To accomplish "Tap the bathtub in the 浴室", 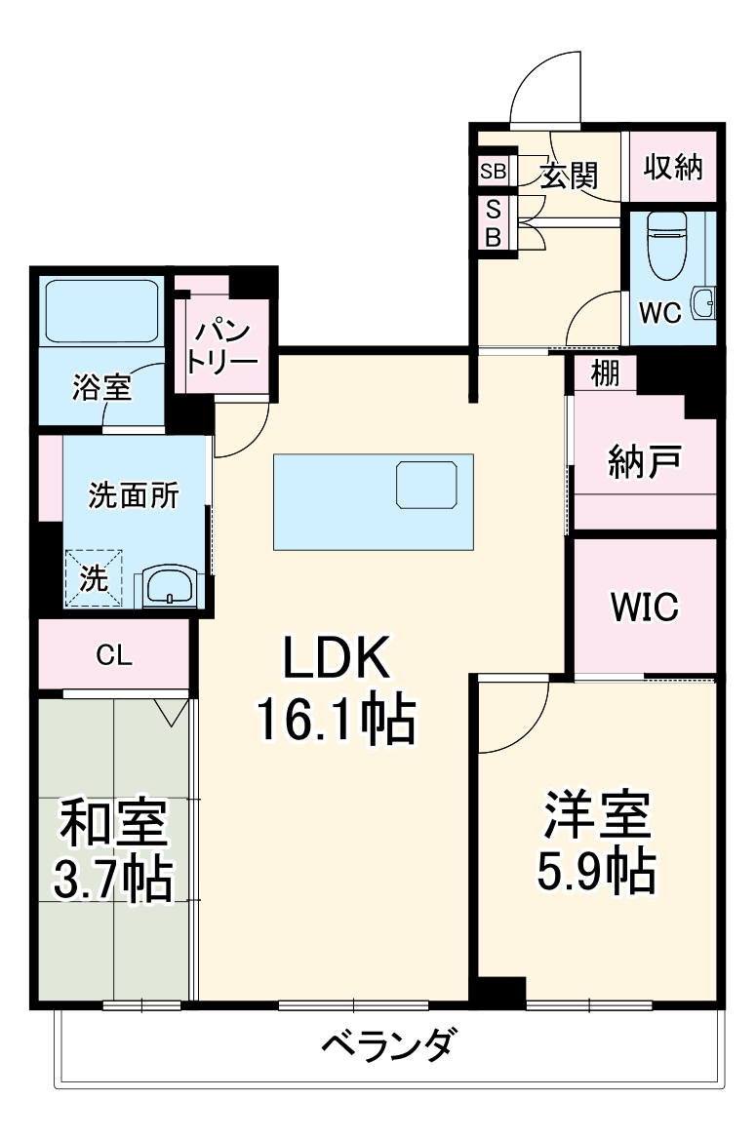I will pos(101,311).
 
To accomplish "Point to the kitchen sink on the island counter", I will pos(426,485).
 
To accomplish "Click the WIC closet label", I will pos(644,607).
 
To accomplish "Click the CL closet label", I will pos(114,656).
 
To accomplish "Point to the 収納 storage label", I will pos(672,168).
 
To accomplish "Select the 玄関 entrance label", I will pos(569,176).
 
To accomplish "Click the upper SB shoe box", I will pos(493,172).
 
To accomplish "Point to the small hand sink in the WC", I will pos(703,303).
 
